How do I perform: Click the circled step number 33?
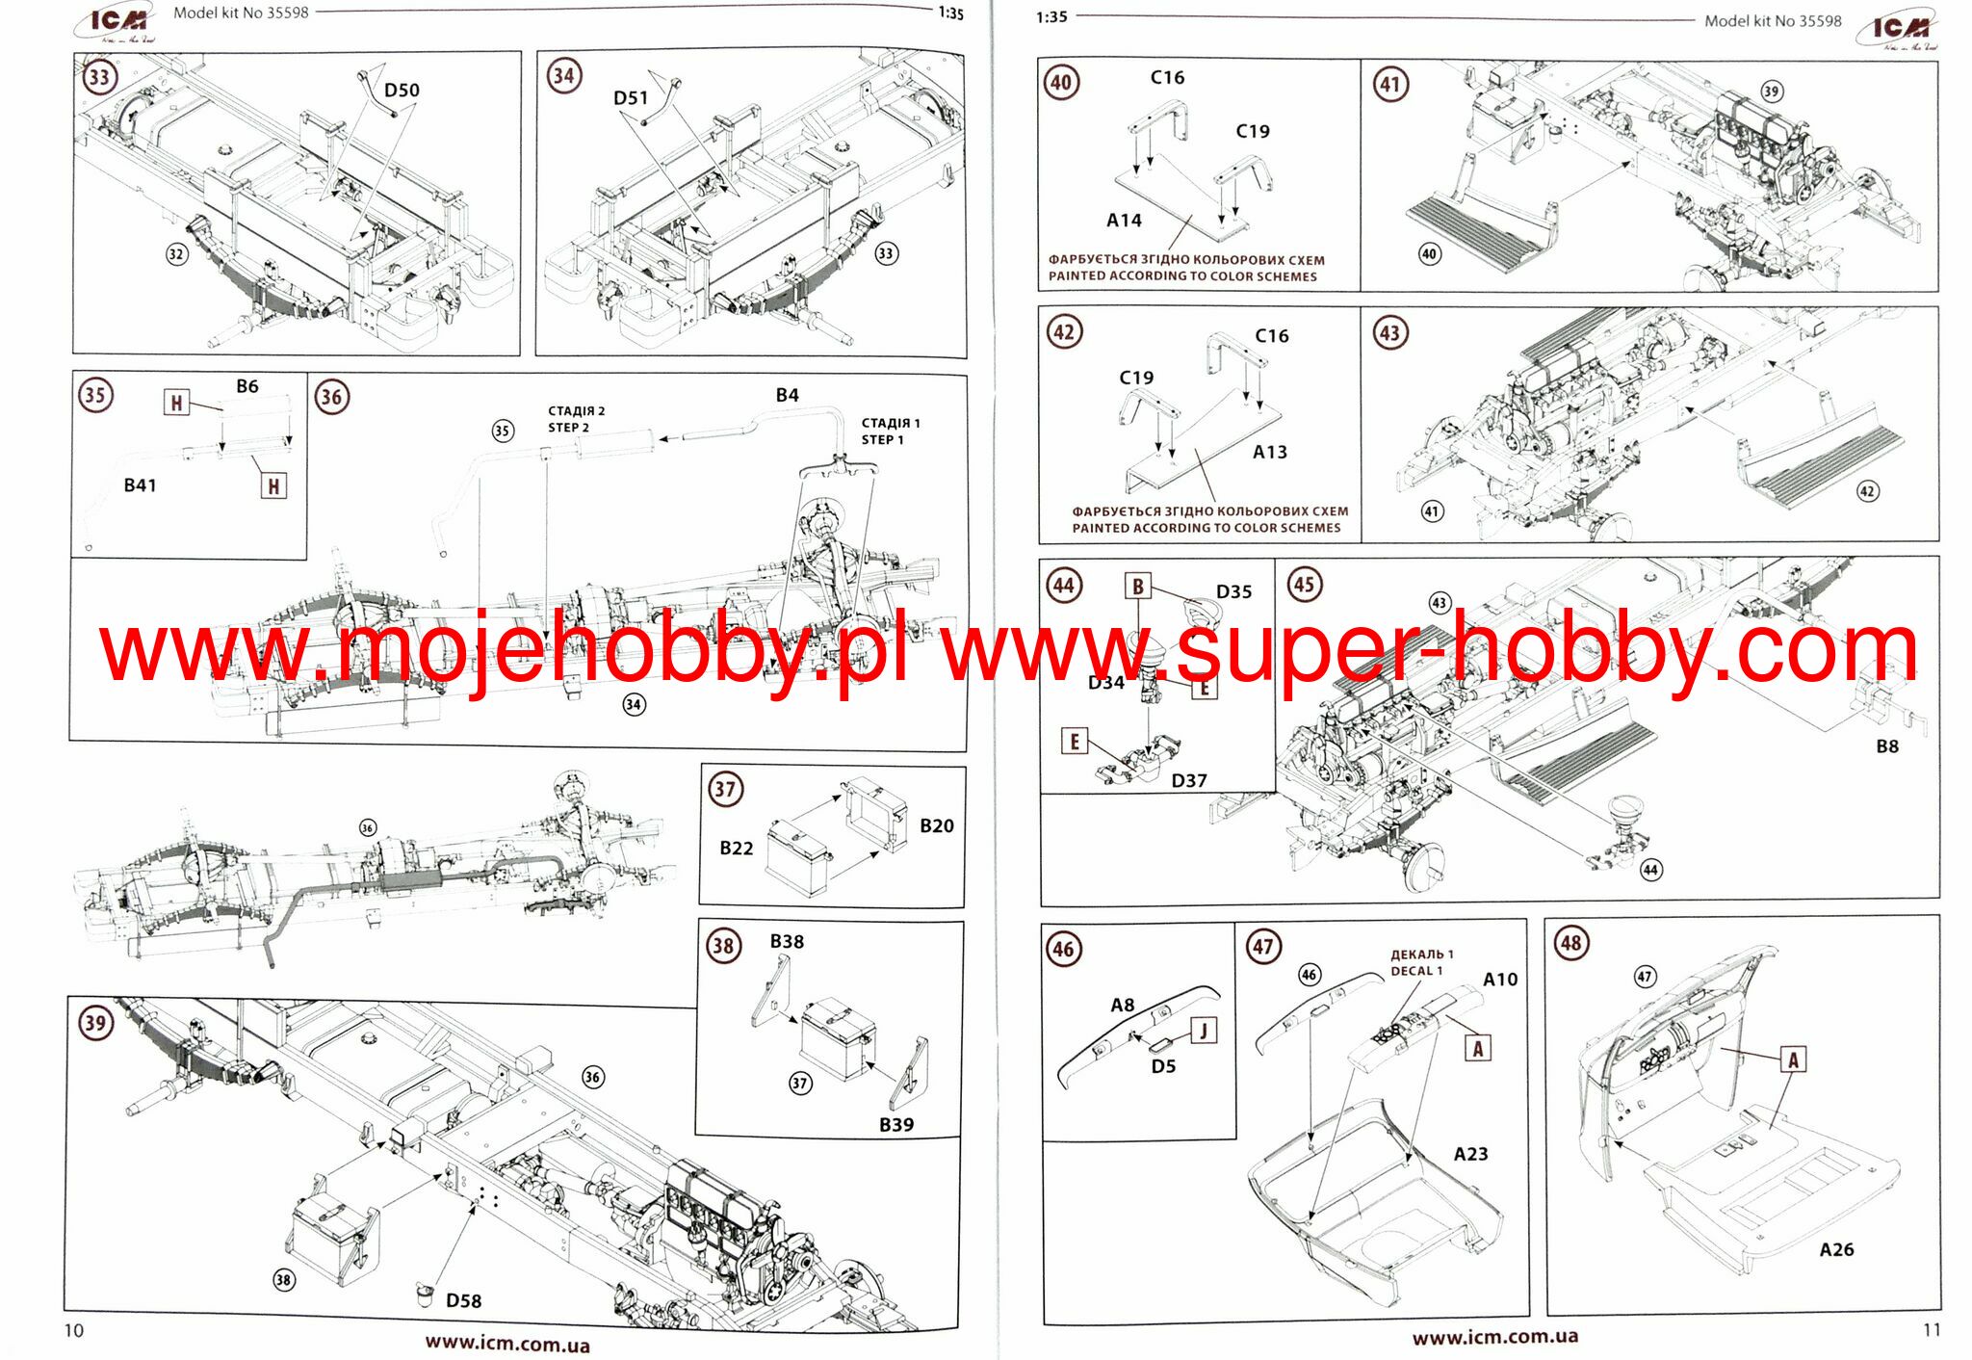pyautogui.click(x=98, y=76)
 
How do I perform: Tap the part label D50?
pyautogui.click(x=402, y=91)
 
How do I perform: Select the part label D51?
pyautogui.click(x=631, y=98)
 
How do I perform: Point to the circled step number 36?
pyautogui.click(x=331, y=397)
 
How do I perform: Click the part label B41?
pyautogui.click(x=140, y=485)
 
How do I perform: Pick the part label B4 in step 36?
pyautogui.click(x=787, y=395)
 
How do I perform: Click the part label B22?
pyautogui.click(x=737, y=848)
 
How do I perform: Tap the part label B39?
pyautogui.click(x=895, y=1124)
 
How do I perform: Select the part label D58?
pyautogui.click(x=463, y=1300)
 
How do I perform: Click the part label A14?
pyautogui.click(x=1124, y=221)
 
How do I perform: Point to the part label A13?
pyautogui.click(x=1269, y=452)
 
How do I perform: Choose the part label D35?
pyautogui.click(x=1233, y=591)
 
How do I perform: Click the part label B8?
pyautogui.click(x=1887, y=746)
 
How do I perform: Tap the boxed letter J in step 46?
pyautogui.click(x=1204, y=1031)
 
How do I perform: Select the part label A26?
pyautogui.click(x=1836, y=1249)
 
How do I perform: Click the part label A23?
pyautogui.click(x=1470, y=1154)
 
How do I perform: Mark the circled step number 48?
pyautogui.click(x=1570, y=943)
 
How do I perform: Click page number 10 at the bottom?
pyautogui.click(x=74, y=1330)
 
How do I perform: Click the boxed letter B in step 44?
pyautogui.click(x=1137, y=586)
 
